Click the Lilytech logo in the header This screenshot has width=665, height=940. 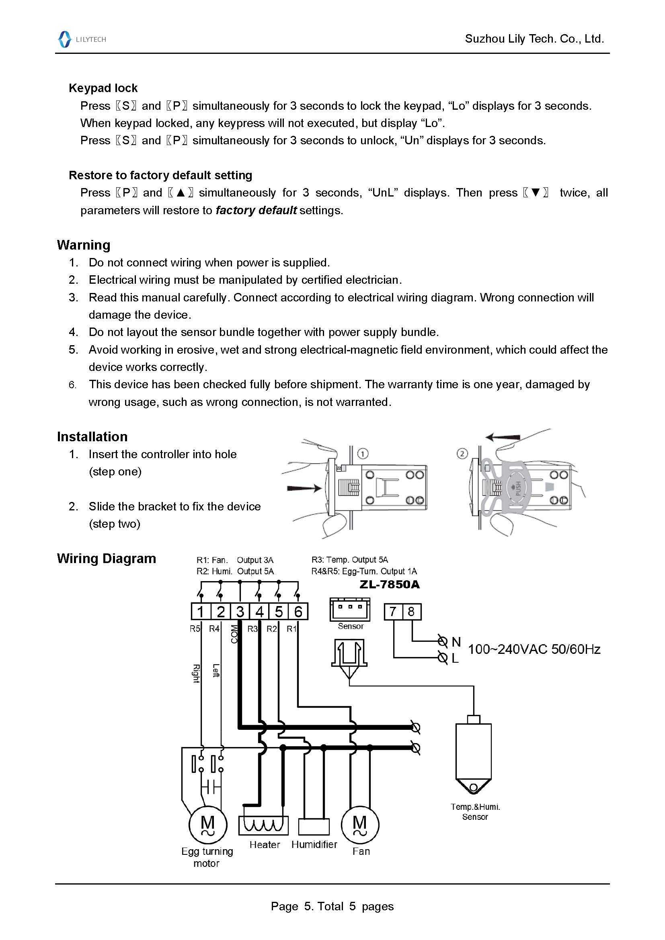(82, 39)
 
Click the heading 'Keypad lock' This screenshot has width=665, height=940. (103, 88)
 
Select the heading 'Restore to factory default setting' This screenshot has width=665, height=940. (160, 175)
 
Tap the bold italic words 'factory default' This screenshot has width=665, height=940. (256, 211)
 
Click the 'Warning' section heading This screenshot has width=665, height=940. (84, 245)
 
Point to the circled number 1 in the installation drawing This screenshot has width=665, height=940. (363, 454)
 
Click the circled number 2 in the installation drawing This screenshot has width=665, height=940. (462, 454)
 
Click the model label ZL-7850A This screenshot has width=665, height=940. (390, 584)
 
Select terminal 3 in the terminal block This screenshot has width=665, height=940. (240, 612)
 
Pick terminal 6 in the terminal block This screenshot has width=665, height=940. (298, 612)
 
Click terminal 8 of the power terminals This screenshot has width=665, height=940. (412, 612)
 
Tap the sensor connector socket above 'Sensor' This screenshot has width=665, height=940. (350, 610)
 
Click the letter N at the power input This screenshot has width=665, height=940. (456, 642)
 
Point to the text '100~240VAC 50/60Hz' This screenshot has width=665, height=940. (534, 649)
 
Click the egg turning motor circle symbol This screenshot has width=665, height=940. (207, 825)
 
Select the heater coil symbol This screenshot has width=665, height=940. (263, 825)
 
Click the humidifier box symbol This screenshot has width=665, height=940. (314, 827)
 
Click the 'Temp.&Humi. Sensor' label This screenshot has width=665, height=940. (475, 812)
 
